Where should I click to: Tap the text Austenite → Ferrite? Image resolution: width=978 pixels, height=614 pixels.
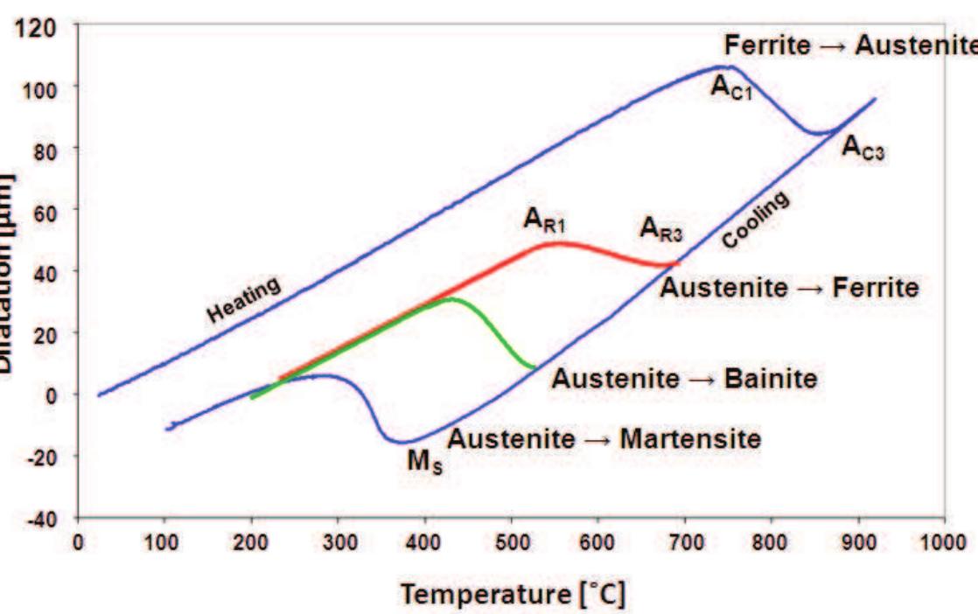point(789,287)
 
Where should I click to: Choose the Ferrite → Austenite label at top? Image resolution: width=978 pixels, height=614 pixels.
point(849,45)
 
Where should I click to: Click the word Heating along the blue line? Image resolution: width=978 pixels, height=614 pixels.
point(244,298)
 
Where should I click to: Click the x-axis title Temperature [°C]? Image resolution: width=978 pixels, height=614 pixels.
point(513,595)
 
